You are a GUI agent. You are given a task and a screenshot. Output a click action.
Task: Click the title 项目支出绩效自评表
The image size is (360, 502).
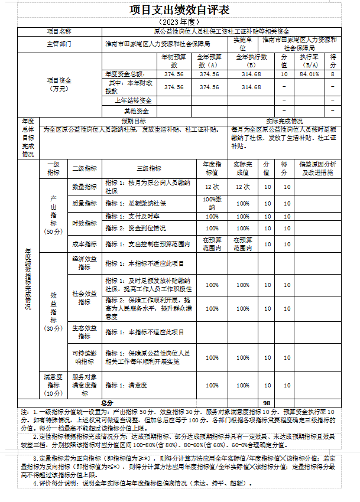click(x=179, y=11)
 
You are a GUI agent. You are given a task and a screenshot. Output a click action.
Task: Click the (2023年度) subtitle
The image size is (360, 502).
click(x=179, y=22)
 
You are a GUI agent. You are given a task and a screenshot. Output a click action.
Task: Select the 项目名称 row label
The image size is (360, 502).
click(x=59, y=31)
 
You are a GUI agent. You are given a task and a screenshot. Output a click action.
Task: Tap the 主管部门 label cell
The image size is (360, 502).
click(x=59, y=44)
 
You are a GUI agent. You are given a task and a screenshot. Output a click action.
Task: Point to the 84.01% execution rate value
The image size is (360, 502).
click(x=309, y=74)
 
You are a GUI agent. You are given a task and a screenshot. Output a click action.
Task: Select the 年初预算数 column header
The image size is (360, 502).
click(x=174, y=60)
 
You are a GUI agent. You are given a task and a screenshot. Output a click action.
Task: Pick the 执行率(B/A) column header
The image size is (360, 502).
click(x=309, y=60)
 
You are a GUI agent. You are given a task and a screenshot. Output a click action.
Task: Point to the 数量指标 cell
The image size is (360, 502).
click(x=85, y=187)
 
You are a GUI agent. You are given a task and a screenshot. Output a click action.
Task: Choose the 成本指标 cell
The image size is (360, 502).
click(x=85, y=244)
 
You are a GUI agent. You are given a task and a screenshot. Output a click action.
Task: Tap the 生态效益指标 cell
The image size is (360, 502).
click(x=85, y=331)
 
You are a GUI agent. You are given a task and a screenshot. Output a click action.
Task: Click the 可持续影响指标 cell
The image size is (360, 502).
click(x=85, y=357)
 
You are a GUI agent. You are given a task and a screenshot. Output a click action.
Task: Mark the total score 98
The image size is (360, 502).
click(x=267, y=402)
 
